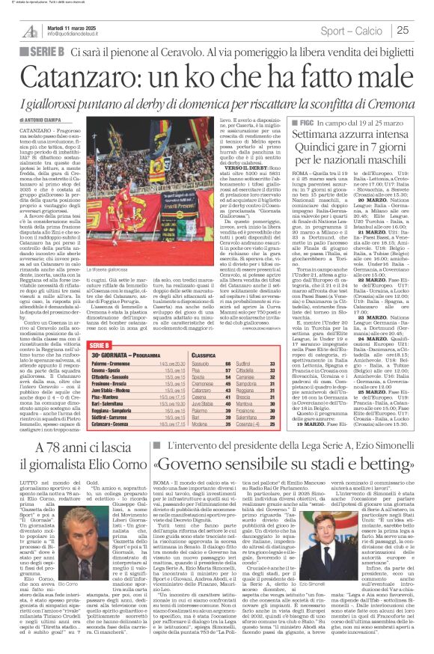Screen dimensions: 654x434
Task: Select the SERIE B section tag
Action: (x=46, y=52)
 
